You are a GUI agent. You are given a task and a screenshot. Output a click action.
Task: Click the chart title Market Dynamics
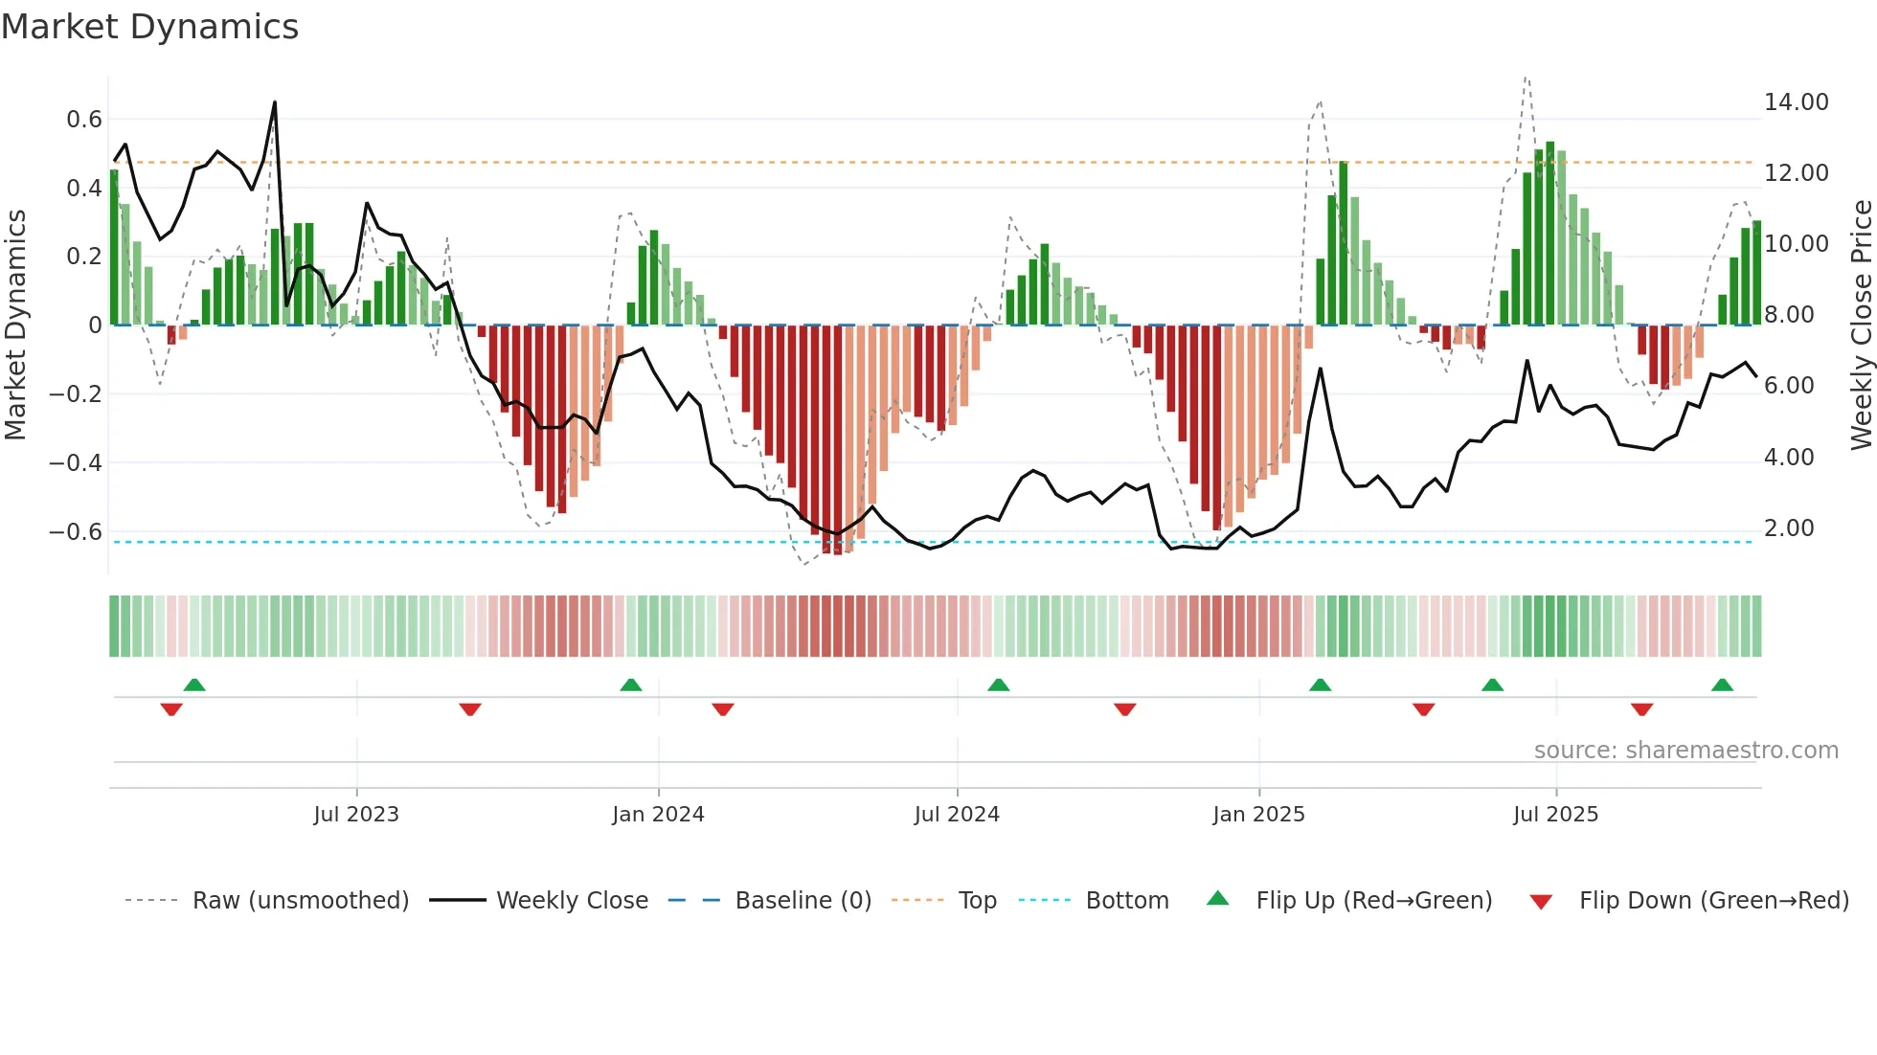pos(149,27)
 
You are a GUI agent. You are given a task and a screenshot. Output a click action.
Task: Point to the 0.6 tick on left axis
pos(84,120)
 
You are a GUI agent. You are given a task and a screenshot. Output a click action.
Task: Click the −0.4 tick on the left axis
pos(76,462)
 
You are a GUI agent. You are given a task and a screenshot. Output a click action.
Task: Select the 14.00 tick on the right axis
pos(1796,102)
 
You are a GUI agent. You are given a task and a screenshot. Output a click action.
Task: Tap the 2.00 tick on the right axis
pos(1788,528)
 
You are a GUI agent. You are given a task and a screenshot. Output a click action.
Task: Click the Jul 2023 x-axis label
pos(356,815)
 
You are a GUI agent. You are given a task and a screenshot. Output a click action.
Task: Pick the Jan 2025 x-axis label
pos(1258,815)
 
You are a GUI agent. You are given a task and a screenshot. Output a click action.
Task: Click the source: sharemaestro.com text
pos(1685,751)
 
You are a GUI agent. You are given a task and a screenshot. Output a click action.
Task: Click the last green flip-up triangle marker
pos(1722,685)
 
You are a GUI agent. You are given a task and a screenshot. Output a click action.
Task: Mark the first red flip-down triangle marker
pos(171,709)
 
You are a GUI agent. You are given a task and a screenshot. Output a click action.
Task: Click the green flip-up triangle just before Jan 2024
pos(630,685)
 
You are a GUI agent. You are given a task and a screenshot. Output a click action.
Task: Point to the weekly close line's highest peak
pos(275,102)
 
